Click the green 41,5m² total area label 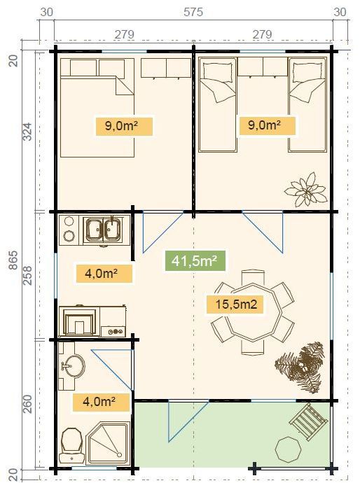point(195,261)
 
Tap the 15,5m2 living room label point(236,304)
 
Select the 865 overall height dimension point(13,260)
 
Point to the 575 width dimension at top point(193,12)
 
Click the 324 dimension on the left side point(27,132)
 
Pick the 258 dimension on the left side point(27,275)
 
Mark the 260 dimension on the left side point(27,404)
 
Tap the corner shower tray point(107,444)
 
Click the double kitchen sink point(103,230)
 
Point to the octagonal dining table point(253,312)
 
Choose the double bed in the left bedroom point(97,108)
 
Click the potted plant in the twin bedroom point(305,189)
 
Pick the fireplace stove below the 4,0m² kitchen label point(80,321)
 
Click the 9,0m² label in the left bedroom point(124,126)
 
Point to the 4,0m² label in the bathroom point(101,402)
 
